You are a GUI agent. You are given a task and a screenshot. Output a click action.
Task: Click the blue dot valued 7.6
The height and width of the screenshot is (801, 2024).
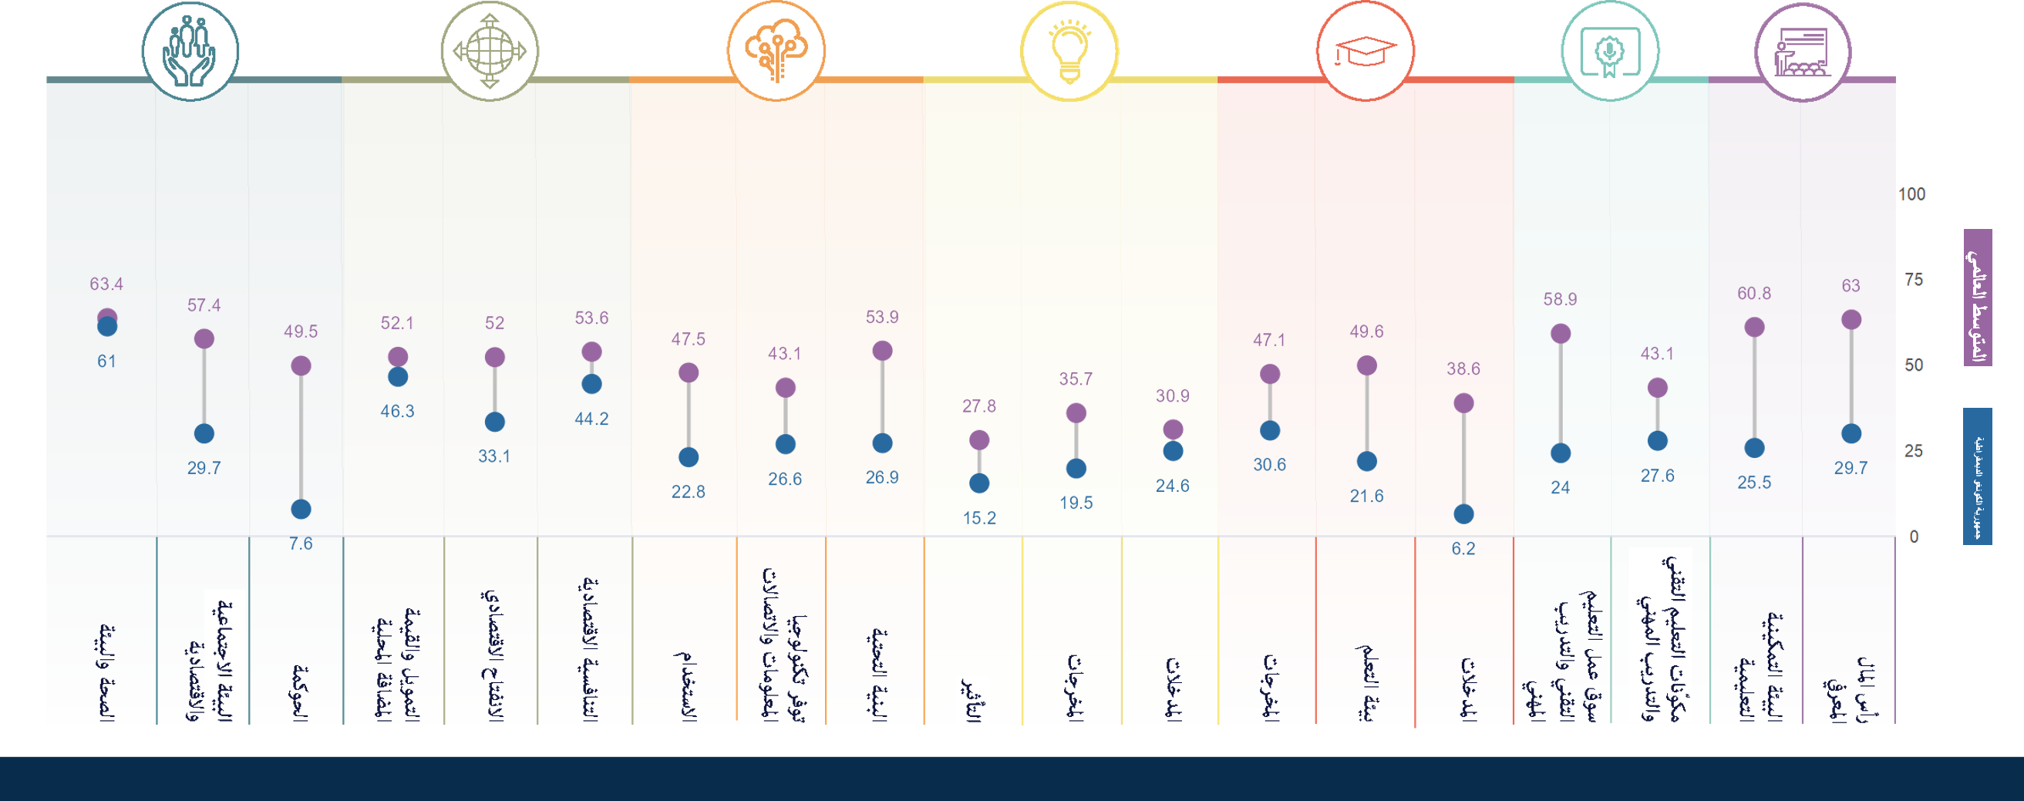(x=301, y=510)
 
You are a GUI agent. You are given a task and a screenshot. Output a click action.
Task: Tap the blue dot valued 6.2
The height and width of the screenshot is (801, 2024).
(x=1463, y=514)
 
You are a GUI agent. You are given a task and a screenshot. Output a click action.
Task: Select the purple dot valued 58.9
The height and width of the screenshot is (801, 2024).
(x=1561, y=334)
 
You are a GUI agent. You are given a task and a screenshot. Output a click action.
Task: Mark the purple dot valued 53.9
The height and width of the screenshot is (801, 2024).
(x=882, y=351)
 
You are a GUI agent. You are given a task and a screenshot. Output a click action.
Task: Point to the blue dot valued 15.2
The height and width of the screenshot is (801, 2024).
(x=979, y=483)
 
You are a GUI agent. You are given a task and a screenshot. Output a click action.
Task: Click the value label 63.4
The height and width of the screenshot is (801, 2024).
(x=106, y=284)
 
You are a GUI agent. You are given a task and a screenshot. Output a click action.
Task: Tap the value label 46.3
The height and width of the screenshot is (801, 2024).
(x=398, y=412)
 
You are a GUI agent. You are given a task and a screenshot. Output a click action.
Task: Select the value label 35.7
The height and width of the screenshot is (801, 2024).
(x=1076, y=379)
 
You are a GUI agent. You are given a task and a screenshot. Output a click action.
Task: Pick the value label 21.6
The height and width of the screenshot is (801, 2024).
(x=1366, y=496)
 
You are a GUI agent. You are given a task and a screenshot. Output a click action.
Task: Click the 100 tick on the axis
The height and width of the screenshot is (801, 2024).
(x=1911, y=194)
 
